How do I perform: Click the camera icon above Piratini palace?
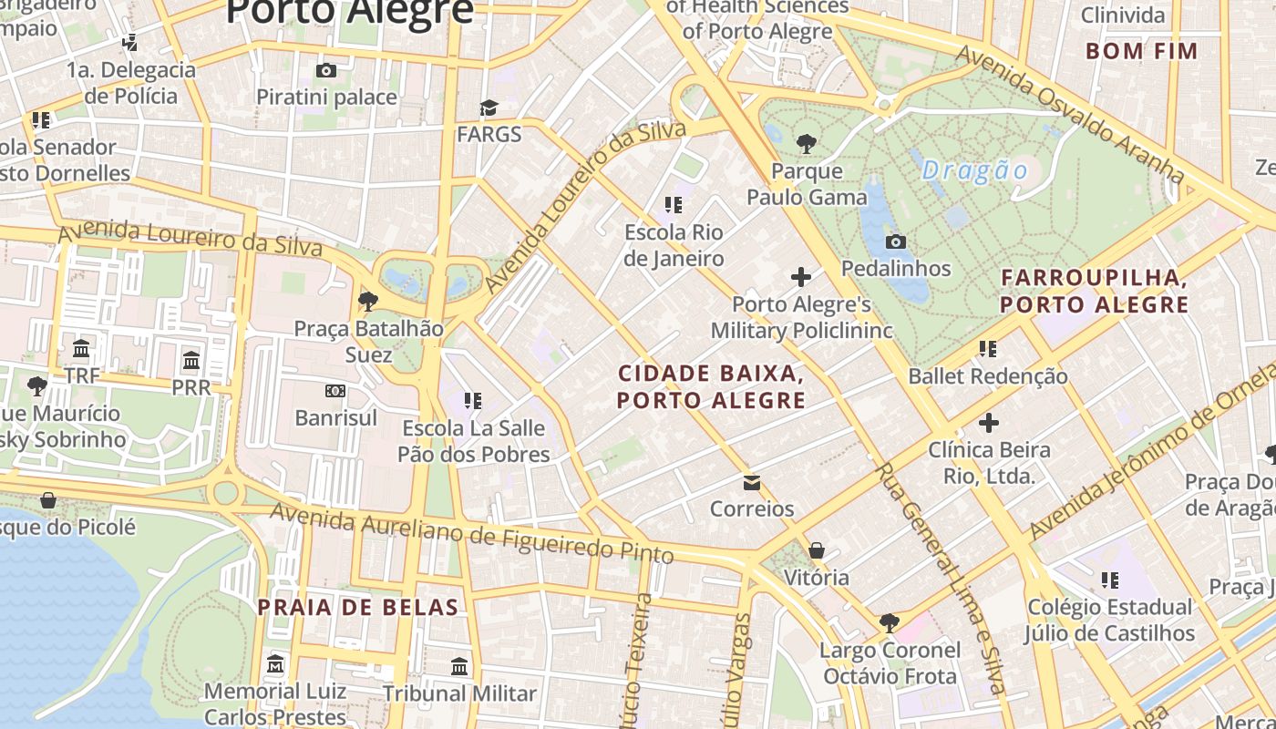coord(325,70)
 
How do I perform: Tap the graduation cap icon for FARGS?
coord(489,108)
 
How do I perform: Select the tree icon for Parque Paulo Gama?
coord(806,143)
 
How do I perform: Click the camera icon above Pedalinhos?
coord(896,241)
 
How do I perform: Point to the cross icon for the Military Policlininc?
coord(801,277)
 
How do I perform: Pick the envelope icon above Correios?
coord(752,482)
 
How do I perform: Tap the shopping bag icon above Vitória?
coord(817,550)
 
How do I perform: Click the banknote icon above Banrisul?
coord(335,391)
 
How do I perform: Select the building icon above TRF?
coord(81,348)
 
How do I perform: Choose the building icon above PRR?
coord(190,360)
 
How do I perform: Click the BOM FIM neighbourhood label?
coord(1142,51)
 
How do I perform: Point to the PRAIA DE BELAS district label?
coord(357,607)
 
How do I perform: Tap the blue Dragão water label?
coord(974,170)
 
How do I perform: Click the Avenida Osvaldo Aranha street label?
coord(1070,113)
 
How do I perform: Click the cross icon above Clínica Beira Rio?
coord(989,423)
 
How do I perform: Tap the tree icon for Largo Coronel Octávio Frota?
coord(890,623)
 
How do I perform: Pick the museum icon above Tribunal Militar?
coord(459,666)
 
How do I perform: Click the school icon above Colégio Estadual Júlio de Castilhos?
coord(1109,580)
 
